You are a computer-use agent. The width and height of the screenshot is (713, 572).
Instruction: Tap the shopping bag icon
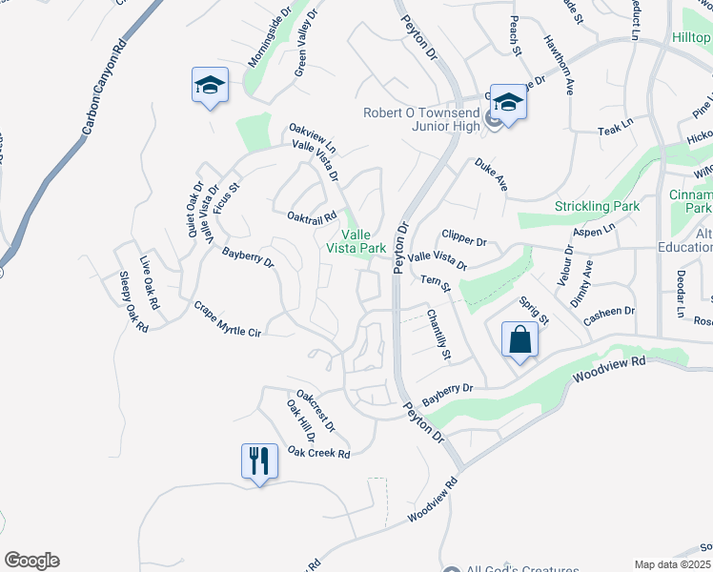pyautogui.click(x=519, y=341)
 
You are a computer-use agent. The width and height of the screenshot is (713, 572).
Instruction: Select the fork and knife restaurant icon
pyautogui.click(x=259, y=462)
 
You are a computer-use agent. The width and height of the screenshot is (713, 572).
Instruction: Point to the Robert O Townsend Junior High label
pyautogui.click(x=423, y=120)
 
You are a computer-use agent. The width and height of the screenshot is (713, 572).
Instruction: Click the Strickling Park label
pyautogui.click(x=598, y=206)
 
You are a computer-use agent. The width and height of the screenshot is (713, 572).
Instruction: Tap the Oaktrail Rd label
pyautogui.click(x=313, y=216)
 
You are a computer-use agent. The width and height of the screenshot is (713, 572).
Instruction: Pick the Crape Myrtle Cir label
pyautogui.click(x=227, y=319)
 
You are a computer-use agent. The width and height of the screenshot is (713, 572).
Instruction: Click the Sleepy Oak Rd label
pyautogui.click(x=133, y=302)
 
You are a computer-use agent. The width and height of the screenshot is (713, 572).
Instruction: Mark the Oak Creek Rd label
pyautogui.click(x=318, y=453)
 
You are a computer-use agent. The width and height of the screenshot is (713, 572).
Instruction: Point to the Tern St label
pyautogui.click(x=435, y=284)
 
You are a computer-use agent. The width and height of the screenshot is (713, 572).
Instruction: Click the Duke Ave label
pyautogui.click(x=491, y=174)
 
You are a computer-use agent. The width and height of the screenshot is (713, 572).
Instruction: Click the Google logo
pyautogui.click(x=31, y=561)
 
